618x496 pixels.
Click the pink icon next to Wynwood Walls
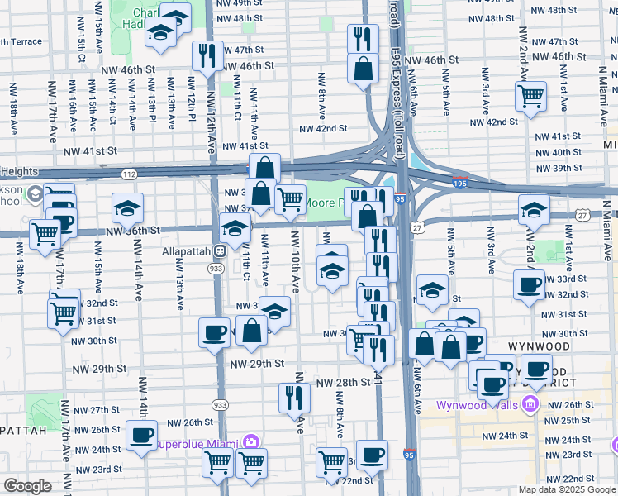530,404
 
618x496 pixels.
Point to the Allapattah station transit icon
221,250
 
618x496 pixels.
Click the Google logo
27,486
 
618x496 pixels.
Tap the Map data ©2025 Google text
567,489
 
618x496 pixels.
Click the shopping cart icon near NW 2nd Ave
530,94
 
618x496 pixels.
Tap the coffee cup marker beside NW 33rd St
529,285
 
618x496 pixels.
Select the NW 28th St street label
345,382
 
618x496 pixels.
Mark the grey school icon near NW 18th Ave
35,195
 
